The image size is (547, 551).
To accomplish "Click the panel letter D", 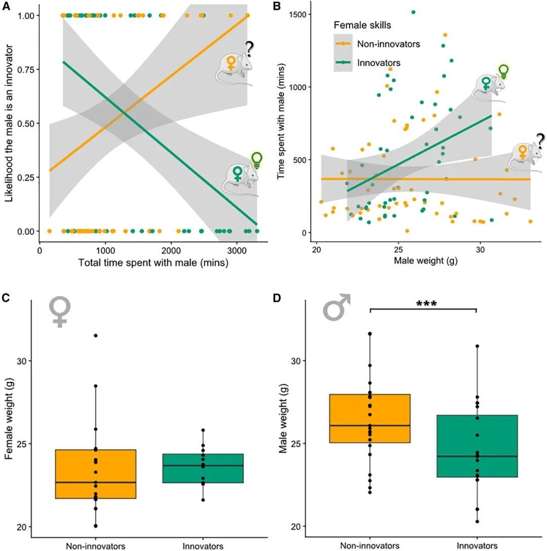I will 277,298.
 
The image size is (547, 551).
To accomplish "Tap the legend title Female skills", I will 362,25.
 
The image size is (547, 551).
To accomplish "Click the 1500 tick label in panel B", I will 299,14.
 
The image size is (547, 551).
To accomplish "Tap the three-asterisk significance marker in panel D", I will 426,304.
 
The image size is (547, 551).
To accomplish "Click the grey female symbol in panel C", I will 60,311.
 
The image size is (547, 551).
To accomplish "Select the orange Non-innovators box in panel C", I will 95,474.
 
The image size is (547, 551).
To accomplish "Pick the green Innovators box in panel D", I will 477,446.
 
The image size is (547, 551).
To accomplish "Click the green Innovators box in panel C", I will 203,468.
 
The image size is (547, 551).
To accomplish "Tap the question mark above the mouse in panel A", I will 249,49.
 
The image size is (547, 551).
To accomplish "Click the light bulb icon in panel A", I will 257,159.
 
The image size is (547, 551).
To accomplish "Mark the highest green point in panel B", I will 413,12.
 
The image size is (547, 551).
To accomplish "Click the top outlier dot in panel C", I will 95,335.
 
